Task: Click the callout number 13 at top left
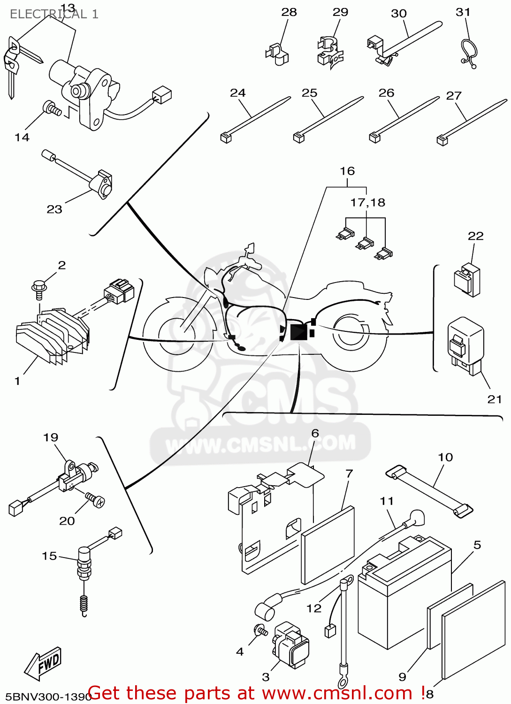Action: coord(68,8)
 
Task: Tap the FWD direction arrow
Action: coord(44,663)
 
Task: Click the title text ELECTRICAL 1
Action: coord(54,14)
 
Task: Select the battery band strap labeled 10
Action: coord(429,491)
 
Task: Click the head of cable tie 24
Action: coord(226,138)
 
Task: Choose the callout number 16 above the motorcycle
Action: coord(347,171)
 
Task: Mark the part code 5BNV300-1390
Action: coord(45,696)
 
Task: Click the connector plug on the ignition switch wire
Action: coord(162,95)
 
